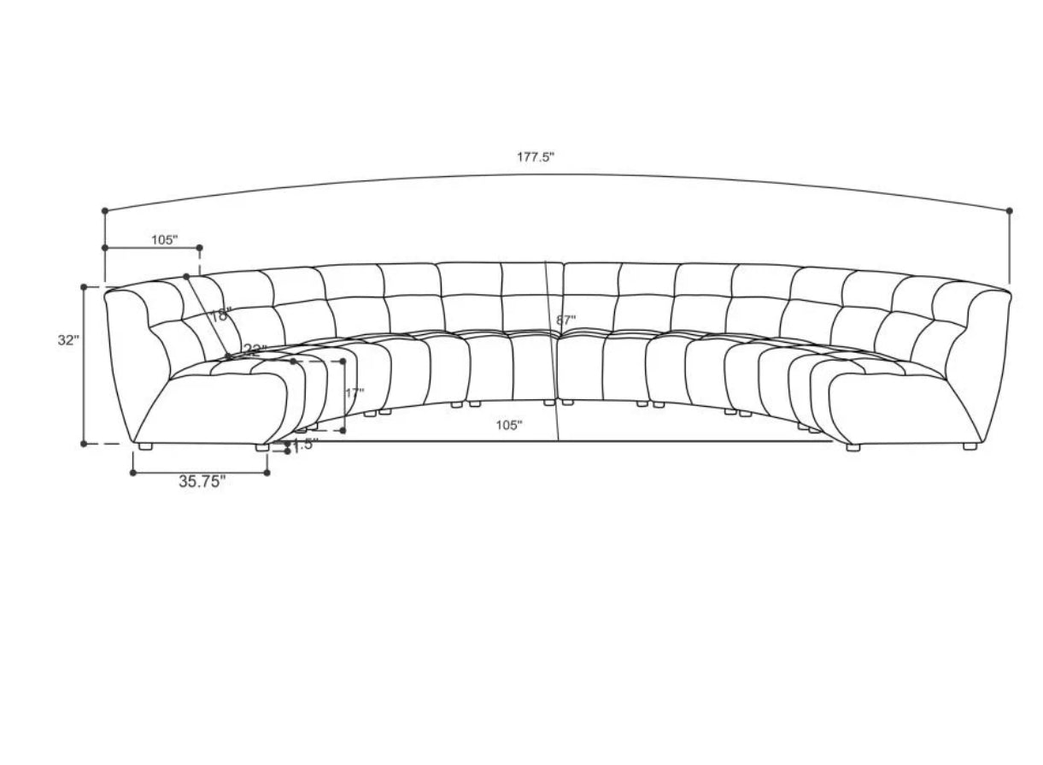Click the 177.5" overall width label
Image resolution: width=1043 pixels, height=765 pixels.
[536, 157]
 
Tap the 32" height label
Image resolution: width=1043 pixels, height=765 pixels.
[68, 339]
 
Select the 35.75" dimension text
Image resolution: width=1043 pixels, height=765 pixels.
[202, 481]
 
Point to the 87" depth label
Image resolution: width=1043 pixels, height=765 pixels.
[565, 320]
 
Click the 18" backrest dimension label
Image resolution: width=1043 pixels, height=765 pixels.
[220, 315]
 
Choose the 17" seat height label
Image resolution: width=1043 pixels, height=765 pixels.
[355, 393]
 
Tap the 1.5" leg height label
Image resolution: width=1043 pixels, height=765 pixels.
[305, 444]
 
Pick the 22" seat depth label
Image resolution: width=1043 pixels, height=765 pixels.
[254, 349]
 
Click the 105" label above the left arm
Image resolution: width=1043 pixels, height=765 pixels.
[164, 239]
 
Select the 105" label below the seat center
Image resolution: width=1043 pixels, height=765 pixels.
[508, 425]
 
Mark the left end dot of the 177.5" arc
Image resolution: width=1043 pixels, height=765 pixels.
[105, 210]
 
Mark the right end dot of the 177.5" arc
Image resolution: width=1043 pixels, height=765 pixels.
[1010, 210]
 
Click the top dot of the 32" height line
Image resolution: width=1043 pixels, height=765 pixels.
[84, 287]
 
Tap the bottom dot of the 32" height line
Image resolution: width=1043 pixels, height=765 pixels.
[84, 444]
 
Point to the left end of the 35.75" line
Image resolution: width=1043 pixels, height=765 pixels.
[132, 472]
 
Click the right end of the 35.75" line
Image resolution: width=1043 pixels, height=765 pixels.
[267, 472]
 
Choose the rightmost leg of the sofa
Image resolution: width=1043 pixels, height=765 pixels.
[970, 446]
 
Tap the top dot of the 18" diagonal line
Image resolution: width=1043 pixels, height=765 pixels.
[185, 276]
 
